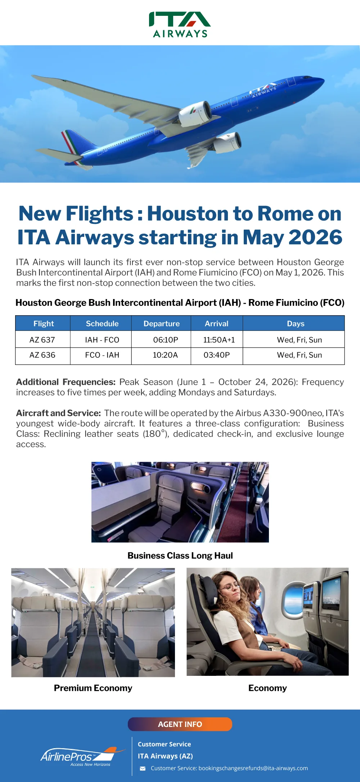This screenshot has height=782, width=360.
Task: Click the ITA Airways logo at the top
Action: point(180,24)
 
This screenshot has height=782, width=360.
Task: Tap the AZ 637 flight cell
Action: point(42,340)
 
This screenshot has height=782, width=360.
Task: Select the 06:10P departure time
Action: point(166,340)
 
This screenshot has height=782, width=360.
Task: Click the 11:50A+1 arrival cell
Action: point(217,340)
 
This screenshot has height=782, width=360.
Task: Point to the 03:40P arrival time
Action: point(217,355)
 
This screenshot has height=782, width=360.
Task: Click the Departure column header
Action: point(161,324)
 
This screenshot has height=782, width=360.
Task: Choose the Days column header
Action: point(296,324)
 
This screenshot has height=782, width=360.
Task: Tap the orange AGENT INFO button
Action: point(180,724)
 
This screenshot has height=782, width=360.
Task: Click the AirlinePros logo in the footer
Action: point(83,756)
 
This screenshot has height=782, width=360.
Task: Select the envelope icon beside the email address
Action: point(143,769)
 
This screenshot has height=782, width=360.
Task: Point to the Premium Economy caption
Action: point(93,688)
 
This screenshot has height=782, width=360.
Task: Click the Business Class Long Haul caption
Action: point(180,556)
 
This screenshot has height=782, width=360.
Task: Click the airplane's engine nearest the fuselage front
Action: point(195,113)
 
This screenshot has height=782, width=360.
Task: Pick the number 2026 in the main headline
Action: point(315,238)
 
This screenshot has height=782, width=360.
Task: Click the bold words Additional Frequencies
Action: point(66,382)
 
